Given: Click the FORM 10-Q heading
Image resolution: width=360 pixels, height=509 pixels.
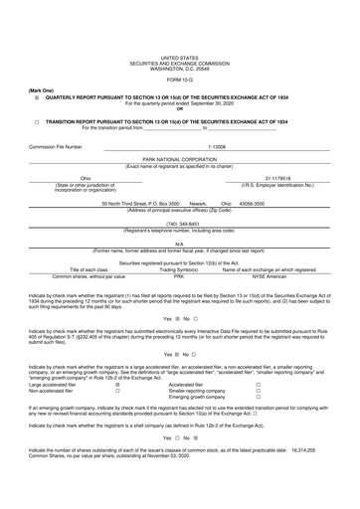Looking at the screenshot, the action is coord(179,79).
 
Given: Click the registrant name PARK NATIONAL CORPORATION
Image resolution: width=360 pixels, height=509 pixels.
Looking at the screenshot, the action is coord(179,158).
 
